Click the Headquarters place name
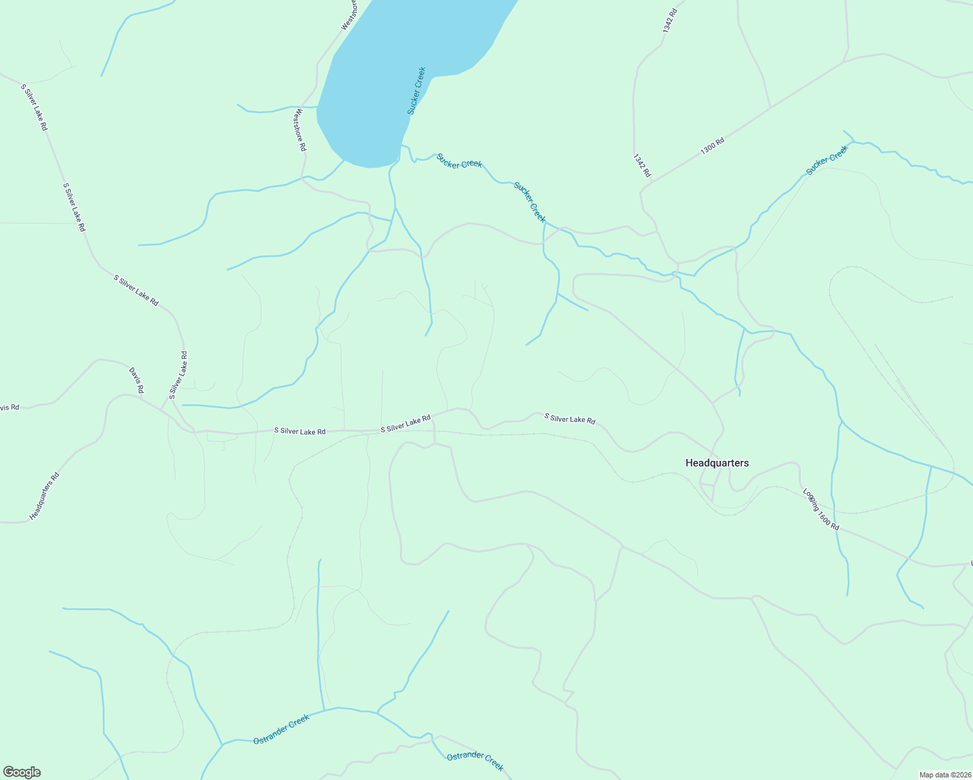tap(717, 463)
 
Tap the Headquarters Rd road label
tap(44, 496)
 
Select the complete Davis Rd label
tap(136, 380)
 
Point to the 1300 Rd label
tap(712, 146)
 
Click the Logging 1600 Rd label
tap(820, 509)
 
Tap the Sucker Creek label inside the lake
tap(416, 91)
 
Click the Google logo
tap(21, 772)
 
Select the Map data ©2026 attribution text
tap(944, 775)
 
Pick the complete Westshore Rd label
tap(299, 130)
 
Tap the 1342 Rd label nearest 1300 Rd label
tap(641, 166)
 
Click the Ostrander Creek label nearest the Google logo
tap(281, 730)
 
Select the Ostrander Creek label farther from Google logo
tap(475, 760)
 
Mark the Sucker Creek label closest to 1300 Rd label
tap(827, 160)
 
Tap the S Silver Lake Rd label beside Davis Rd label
tap(178, 374)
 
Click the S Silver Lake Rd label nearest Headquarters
tap(569, 419)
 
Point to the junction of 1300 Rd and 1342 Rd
tap(641, 190)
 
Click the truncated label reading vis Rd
tap(9, 408)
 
